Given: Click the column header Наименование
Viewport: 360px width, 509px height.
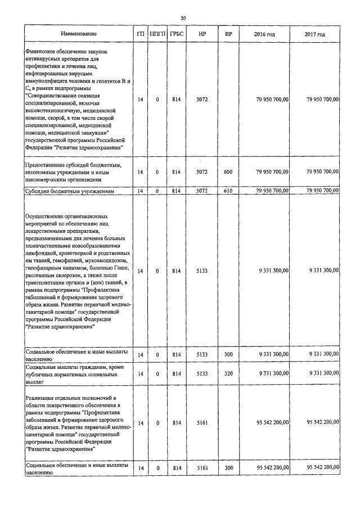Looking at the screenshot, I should (x=79, y=35).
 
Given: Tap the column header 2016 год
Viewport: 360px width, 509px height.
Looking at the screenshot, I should (x=264, y=35).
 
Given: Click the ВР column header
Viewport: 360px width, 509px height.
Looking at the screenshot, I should (x=228, y=35).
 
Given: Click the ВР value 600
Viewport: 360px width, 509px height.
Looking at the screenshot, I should (x=228, y=172).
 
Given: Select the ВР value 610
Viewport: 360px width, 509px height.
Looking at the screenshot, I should (x=228, y=191).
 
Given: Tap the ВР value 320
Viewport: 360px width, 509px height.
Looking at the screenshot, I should (x=228, y=373).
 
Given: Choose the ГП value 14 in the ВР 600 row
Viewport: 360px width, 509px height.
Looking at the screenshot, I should (x=141, y=172).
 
